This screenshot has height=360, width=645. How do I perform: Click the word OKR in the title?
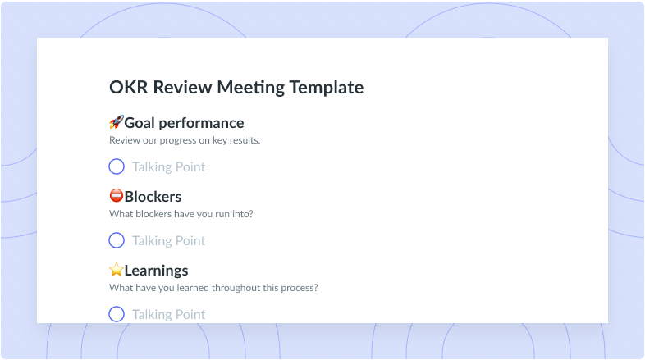coord(129,87)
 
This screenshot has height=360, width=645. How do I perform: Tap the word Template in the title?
coord(327,88)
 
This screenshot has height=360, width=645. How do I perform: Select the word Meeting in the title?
coord(251,88)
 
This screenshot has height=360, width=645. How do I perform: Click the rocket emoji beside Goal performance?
coord(117,122)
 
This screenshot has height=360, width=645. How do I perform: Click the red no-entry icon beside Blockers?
coord(117,196)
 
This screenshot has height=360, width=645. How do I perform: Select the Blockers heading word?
coord(153,197)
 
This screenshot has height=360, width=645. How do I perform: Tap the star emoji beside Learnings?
coord(117,270)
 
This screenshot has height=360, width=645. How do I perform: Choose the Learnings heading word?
coord(156,271)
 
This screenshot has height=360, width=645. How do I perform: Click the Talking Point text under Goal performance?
coord(169,166)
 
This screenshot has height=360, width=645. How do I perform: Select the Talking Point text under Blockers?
coord(169,241)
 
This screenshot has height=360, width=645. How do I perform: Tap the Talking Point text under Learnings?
coord(169,314)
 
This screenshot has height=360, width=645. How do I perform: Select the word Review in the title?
coord(183,87)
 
